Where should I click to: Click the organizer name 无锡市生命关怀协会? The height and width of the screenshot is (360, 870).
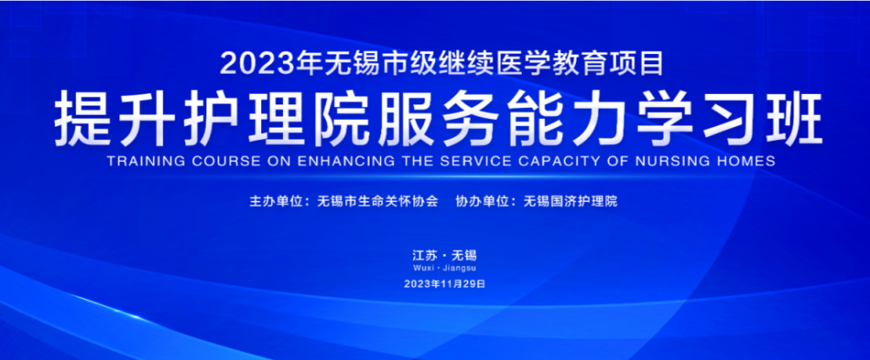coord(378,202)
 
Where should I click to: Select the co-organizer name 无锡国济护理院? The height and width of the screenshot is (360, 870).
coord(570,202)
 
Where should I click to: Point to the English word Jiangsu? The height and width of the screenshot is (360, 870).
coord(460,269)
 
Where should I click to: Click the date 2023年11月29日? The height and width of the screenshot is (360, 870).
coord(445,283)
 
